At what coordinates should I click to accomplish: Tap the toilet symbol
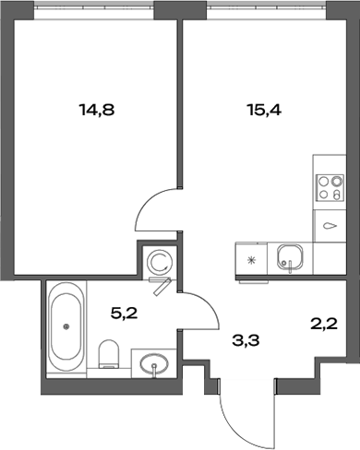coord(109,354)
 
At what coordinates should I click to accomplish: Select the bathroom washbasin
coord(150,365)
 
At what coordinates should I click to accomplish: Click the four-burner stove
coord(327,189)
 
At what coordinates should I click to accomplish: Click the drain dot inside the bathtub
coord(66,325)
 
